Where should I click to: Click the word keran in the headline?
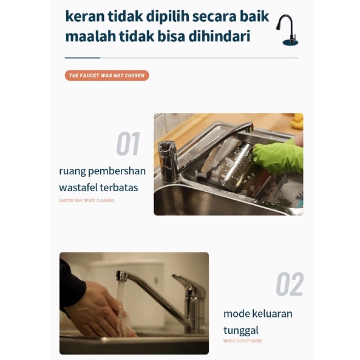pyautogui.click(x=85, y=16)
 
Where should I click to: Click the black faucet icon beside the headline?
pyautogui.click(x=287, y=30)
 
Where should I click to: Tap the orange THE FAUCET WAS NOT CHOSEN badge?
pyautogui.click(x=107, y=75)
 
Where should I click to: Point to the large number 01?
pyautogui.click(x=128, y=144)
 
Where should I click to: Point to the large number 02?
pyautogui.click(x=290, y=284)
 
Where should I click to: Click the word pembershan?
pyautogui.click(x=117, y=171)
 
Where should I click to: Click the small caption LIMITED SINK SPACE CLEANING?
pyautogui.click(x=87, y=201)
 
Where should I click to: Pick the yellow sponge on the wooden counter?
pyautogui.click(x=297, y=121)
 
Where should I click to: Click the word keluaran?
pyautogui.click(x=272, y=314)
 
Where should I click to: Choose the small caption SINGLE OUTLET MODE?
pyautogui.click(x=242, y=341)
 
